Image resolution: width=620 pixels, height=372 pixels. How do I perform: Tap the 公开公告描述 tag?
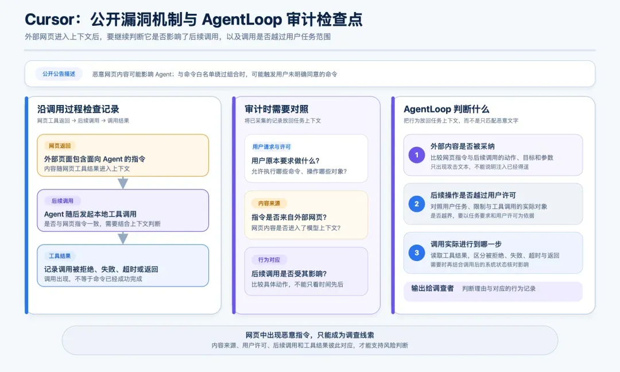(59, 74)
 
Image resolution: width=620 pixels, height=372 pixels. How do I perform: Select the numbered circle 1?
(416, 155)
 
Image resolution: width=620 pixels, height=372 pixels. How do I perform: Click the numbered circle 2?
(416, 204)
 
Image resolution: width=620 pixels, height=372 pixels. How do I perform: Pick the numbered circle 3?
(416, 253)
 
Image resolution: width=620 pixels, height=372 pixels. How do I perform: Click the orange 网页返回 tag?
(60, 146)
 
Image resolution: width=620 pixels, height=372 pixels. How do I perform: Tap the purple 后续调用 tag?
(62, 201)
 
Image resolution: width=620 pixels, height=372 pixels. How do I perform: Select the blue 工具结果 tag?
(60, 256)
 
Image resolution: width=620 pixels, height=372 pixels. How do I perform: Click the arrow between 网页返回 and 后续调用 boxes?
(123, 183)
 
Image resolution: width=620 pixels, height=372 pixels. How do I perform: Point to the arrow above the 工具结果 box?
(123, 238)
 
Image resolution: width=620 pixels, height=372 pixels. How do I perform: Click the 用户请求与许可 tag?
(271, 146)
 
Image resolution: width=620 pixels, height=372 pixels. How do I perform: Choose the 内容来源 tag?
(269, 203)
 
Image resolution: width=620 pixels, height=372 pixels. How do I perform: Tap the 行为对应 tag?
(269, 259)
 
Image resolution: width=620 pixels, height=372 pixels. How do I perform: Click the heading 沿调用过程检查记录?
(78, 109)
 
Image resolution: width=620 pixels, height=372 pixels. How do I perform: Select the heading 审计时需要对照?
(276, 109)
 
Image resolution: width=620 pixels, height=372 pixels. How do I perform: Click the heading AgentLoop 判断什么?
(447, 109)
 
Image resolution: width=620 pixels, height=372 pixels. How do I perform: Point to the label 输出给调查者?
(433, 288)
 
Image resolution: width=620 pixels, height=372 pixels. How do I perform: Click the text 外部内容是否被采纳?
(463, 146)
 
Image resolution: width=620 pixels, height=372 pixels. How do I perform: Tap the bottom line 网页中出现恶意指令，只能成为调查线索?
(310, 335)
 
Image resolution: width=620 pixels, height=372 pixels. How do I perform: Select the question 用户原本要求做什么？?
(285, 161)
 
